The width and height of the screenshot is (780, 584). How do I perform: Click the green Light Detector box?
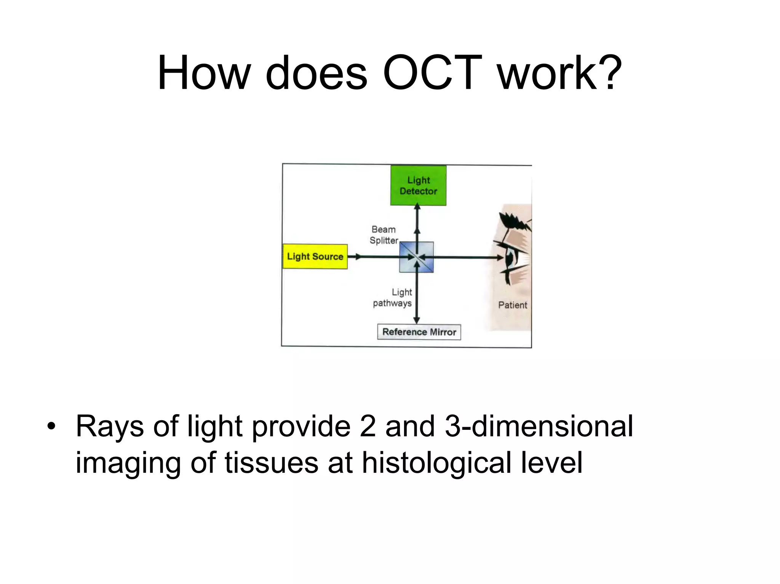tap(418, 186)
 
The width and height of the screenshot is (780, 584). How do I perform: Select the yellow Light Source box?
tap(315, 257)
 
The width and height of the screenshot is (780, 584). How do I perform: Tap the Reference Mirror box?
tap(419, 332)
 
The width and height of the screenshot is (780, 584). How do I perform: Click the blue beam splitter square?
tap(416, 257)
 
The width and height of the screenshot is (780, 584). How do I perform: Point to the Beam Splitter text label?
tap(384, 235)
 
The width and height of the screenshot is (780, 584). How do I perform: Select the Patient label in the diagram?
tap(513, 305)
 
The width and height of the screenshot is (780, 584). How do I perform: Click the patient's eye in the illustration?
tap(510, 258)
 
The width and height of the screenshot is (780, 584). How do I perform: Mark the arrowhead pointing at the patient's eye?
tap(500, 258)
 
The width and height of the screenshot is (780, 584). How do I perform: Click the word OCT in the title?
tap(433, 73)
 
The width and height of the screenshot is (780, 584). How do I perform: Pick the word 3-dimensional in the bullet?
tap(539, 426)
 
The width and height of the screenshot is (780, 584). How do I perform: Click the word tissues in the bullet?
tap(271, 463)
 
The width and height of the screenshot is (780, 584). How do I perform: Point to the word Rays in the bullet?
tap(110, 426)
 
